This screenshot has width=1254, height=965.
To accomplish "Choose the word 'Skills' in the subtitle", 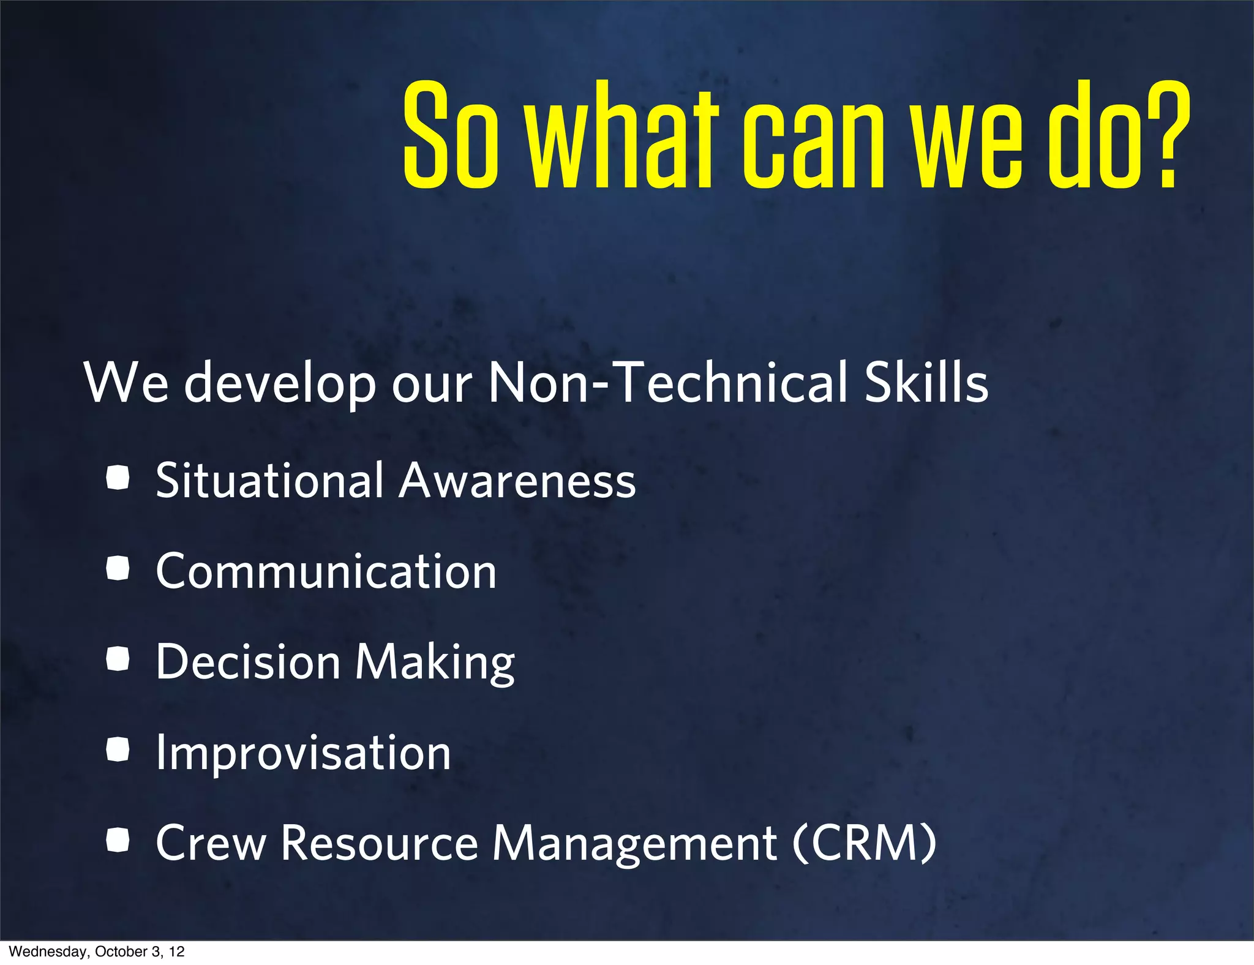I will point(926,383).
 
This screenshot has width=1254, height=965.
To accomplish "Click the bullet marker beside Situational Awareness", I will point(118,478).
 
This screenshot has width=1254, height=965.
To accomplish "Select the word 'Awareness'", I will point(517,481).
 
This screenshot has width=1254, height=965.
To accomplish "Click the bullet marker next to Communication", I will point(118,569).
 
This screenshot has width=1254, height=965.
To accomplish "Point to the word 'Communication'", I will point(326,571).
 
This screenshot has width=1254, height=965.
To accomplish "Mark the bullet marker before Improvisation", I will point(118,749).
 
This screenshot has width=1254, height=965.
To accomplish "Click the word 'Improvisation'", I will point(303,753).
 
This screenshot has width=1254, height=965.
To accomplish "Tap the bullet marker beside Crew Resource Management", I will point(118,840).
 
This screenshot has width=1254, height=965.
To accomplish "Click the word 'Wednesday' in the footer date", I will point(48,952).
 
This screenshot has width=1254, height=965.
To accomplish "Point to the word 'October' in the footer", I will point(121,952).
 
